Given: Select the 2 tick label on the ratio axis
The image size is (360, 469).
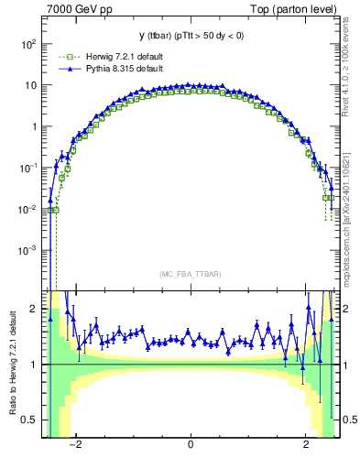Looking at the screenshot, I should click(x=32, y=309).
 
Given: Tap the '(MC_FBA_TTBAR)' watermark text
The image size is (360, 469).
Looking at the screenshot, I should click(x=191, y=275).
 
